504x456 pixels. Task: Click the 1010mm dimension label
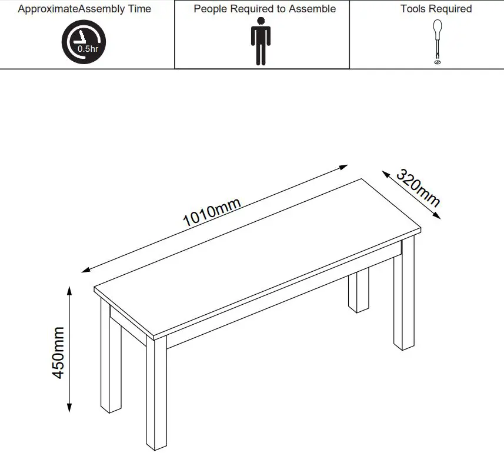pyautogui.click(x=212, y=212)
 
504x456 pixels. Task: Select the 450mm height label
pyautogui.click(x=59, y=352)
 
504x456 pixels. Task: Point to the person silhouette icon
pyautogui.click(x=260, y=41)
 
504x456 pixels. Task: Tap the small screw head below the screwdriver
pyautogui.click(x=437, y=61)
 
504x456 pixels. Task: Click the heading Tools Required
pyautogui.click(x=436, y=9)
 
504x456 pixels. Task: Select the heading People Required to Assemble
pyautogui.click(x=265, y=9)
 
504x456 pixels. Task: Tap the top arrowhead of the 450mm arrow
pyautogui.click(x=69, y=289)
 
